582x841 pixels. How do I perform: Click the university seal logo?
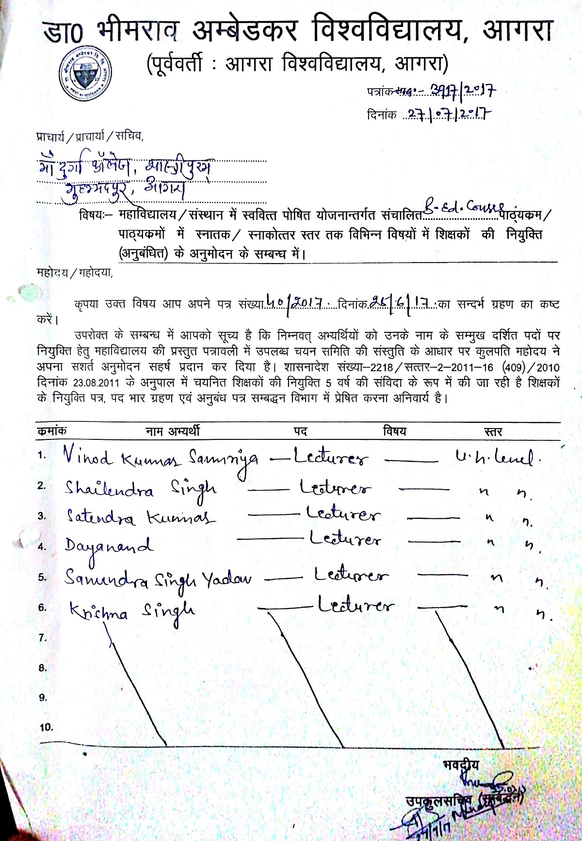click(x=86, y=75)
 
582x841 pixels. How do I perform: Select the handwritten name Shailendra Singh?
click(x=141, y=489)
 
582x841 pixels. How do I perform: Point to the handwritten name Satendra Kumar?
click(x=141, y=517)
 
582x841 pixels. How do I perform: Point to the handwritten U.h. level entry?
click(x=494, y=457)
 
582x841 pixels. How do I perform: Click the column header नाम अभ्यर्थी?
click(x=173, y=431)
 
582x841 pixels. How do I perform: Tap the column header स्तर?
click(x=493, y=432)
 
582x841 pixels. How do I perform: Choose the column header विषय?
click(x=394, y=431)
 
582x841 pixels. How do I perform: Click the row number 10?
click(x=46, y=727)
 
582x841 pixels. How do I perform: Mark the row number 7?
click(x=43, y=638)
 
